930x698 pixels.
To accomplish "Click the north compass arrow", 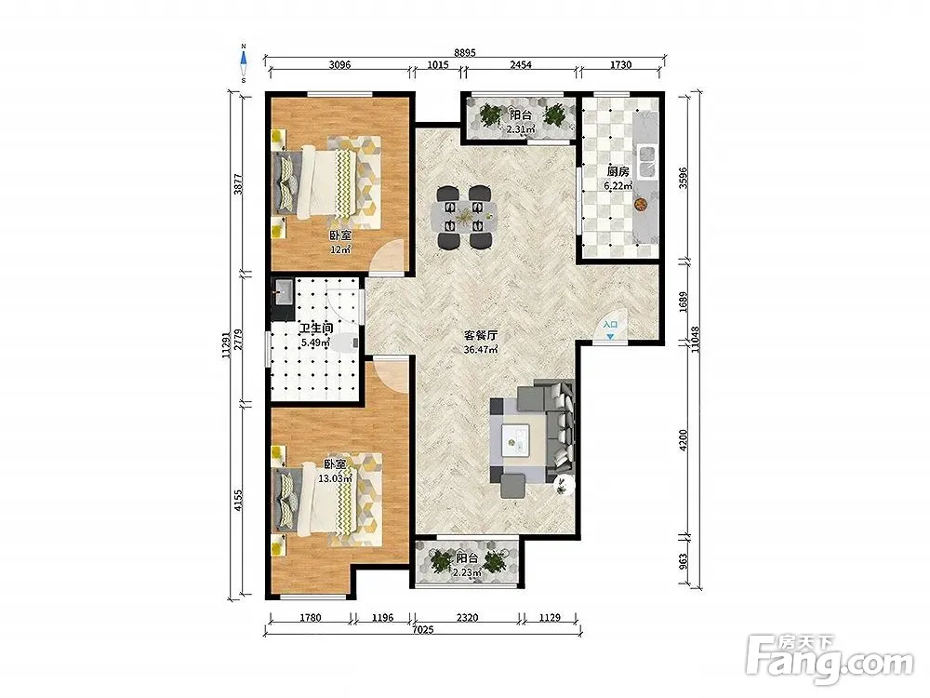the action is pyautogui.click(x=243, y=58).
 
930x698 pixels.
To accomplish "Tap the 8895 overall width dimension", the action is pyautogui.click(x=465, y=52).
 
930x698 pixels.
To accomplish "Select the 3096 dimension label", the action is pyautogui.click(x=339, y=65).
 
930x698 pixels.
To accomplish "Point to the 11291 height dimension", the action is pyautogui.click(x=225, y=344).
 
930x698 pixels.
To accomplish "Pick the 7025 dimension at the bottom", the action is pyautogui.click(x=422, y=630).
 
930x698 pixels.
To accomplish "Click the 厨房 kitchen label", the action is pyautogui.click(x=618, y=171).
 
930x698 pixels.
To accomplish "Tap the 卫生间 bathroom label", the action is pyautogui.click(x=315, y=329).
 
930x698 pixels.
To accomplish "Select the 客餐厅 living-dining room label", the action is pyautogui.click(x=481, y=335).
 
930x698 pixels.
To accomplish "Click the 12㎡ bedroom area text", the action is pyautogui.click(x=340, y=249).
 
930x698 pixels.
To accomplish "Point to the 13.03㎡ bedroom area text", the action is pyautogui.click(x=336, y=478).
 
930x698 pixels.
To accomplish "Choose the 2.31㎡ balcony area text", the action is pyautogui.click(x=521, y=128).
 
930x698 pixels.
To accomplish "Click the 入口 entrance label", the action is pyautogui.click(x=610, y=325).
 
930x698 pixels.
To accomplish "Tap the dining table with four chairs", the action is pyautogui.click(x=465, y=217).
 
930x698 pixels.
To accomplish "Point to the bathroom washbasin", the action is pyautogui.click(x=283, y=290).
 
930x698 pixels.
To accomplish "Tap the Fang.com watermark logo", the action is pyautogui.click(x=830, y=660).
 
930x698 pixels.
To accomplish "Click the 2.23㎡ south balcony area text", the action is pyautogui.click(x=467, y=572).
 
